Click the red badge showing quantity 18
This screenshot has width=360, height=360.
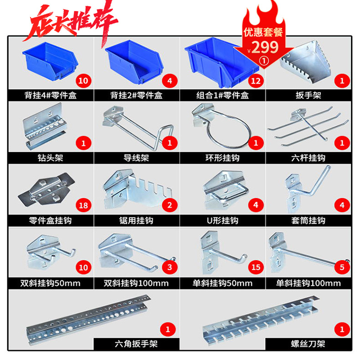[x=84, y=205]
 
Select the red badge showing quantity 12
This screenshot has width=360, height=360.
[x=256, y=81]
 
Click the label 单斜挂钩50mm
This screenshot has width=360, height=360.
[x=222, y=283]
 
